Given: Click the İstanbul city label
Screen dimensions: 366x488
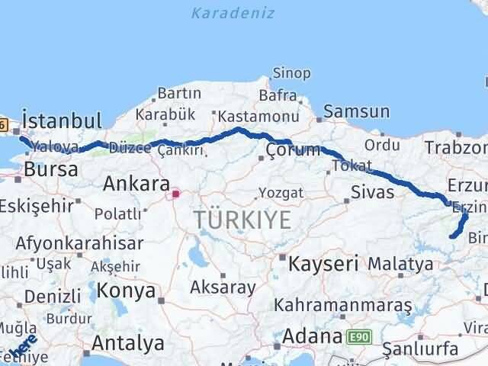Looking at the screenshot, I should click(62, 120).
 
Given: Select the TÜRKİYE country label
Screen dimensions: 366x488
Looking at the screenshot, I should click(242, 220).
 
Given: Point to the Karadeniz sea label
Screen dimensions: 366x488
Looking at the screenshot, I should click(233, 13).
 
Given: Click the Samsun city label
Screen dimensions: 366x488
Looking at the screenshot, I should click(356, 112).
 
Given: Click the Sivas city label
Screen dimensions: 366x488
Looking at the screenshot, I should click(373, 191).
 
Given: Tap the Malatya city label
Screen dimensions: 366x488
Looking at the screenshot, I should click(400, 264).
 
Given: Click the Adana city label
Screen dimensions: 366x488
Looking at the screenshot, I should click(313, 335).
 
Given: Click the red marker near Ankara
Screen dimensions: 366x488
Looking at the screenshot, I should click(176, 194).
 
